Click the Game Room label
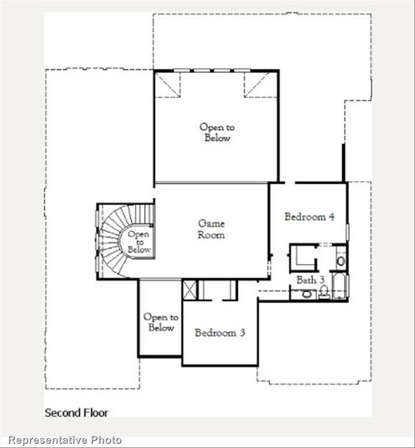pos(211,229)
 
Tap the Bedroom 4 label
pos(309,217)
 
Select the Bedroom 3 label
pos(220,333)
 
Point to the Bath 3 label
pos(310,280)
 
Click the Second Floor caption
pos(76,412)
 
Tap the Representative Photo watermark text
pos(65,440)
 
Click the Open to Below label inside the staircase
pos(139,242)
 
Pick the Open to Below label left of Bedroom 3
pos(161,322)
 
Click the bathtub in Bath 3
pos(339,286)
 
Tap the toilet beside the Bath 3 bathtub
pos(324,291)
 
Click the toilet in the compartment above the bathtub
pos(341,261)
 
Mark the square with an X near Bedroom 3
pos(189,290)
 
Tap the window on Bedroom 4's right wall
pos(347,232)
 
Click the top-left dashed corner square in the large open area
pos(167,85)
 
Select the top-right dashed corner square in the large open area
pos(256,85)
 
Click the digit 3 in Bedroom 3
pos(241,333)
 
